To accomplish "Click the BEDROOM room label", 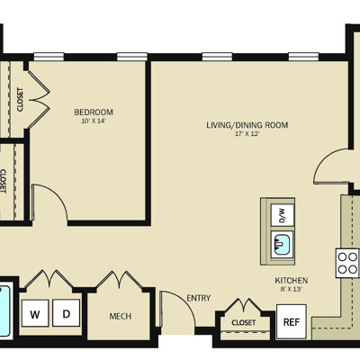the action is click(x=94, y=112).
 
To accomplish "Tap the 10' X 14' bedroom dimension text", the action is click(x=94, y=121).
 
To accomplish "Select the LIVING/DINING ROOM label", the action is click(x=247, y=125).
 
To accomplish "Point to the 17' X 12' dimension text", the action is click(x=247, y=134).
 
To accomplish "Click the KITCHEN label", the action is click(x=292, y=281).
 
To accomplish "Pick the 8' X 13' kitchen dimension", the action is click(x=292, y=290).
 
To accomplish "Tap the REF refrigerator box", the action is click(x=292, y=321).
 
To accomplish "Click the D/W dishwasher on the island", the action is click(x=283, y=215).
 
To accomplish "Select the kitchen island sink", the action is click(x=283, y=245).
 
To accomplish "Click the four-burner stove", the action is click(x=347, y=263).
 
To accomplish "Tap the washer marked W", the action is click(x=35, y=313).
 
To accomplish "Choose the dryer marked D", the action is click(x=67, y=313).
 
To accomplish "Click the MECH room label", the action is click(x=121, y=316).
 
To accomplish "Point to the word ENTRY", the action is click(x=199, y=298).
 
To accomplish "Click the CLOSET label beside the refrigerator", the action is click(x=244, y=323).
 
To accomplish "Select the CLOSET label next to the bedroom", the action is click(x=20, y=100).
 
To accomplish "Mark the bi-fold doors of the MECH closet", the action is click(x=119, y=280).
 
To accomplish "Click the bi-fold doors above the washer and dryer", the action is click(x=49, y=279).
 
